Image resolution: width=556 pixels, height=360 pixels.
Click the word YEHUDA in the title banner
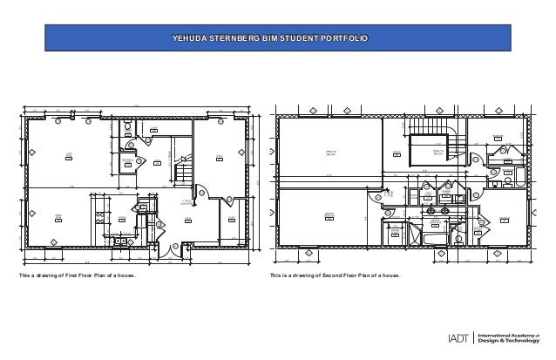(186, 39)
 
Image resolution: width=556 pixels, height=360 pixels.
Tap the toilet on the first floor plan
(128, 130)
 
